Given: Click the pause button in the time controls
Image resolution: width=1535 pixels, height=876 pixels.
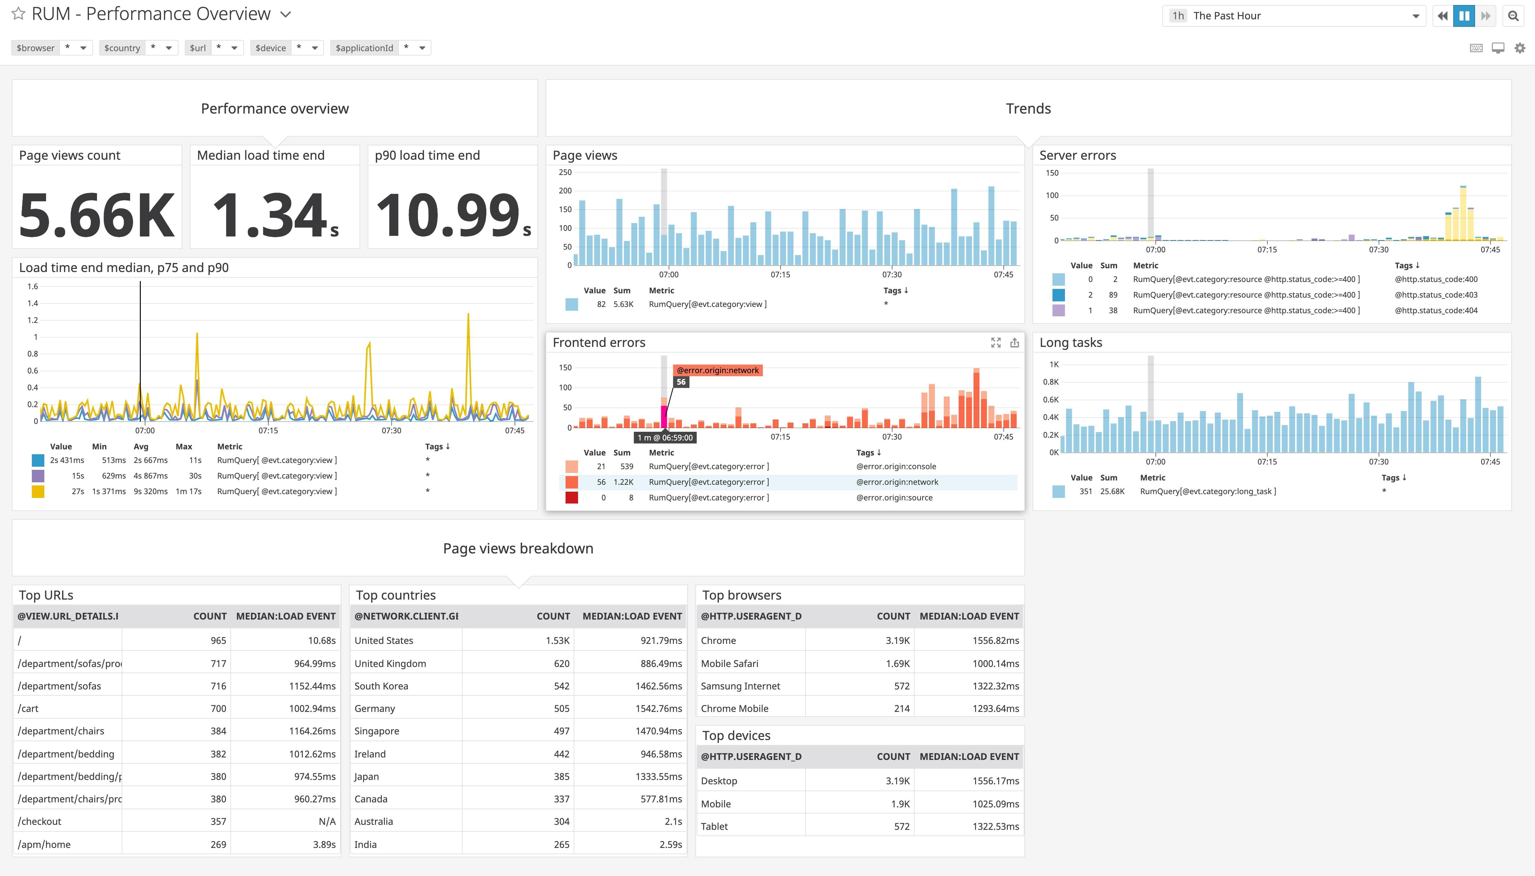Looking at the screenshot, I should [1464, 16].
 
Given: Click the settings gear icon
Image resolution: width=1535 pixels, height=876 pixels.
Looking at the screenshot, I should [1520, 48].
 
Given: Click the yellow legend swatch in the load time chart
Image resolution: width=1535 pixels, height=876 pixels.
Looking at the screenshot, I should [38, 492].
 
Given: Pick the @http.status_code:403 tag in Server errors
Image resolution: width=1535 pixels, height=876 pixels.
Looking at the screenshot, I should [1436, 295].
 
